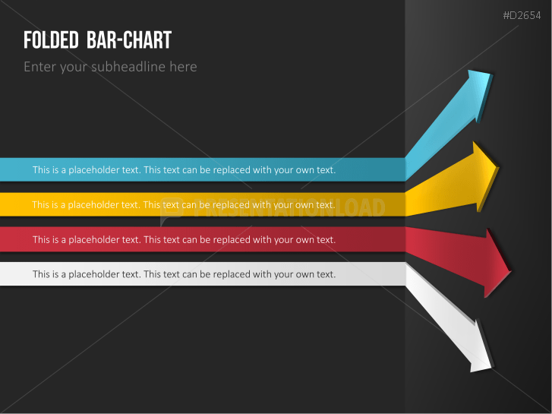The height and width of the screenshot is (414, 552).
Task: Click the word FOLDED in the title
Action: (x=51, y=40)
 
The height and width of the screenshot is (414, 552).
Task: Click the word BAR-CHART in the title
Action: (x=129, y=40)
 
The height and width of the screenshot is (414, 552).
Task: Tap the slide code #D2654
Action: (x=522, y=15)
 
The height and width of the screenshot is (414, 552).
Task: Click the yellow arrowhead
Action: (x=486, y=176)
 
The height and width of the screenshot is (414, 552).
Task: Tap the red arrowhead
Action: (x=497, y=264)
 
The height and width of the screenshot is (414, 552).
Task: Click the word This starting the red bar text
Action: (x=41, y=239)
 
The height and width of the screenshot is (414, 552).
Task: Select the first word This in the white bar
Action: (x=41, y=274)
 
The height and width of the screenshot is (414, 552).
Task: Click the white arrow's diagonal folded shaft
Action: (x=440, y=317)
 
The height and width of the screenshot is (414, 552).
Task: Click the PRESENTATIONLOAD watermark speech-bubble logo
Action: (x=172, y=210)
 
